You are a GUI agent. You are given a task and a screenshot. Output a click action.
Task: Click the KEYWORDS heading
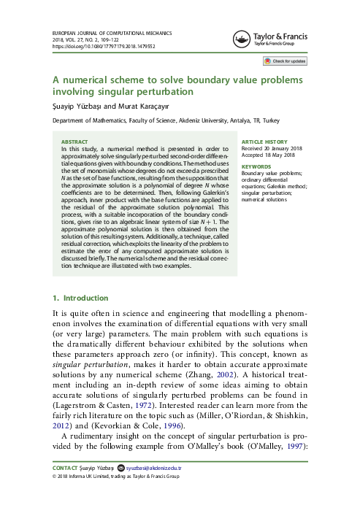(x=262, y=166)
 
